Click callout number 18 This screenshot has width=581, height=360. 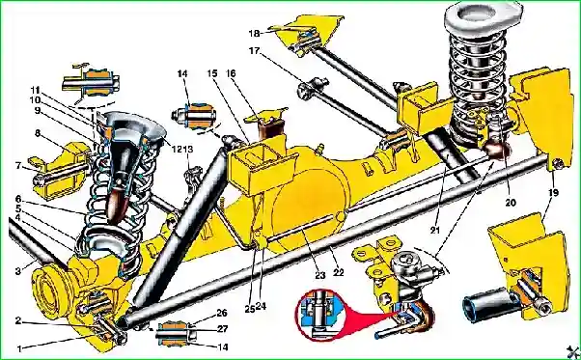click(254, 34)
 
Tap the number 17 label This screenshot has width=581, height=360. click(254, 51)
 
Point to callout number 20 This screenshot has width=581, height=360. click(511, 203)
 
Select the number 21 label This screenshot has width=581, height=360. click(434, 230)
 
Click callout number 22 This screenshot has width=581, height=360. click(339, 272)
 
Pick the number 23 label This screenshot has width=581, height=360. click(320, 275)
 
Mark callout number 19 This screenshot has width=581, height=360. click(553, 193)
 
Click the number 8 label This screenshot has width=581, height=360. click(38, 133)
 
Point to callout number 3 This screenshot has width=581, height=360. click(18, 271)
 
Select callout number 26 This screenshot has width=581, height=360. click(222, 313)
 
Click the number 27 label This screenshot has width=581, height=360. click(222, 328)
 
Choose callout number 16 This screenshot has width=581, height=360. click(231, 73)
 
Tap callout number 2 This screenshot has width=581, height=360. click(18, 320)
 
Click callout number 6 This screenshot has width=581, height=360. click(18, 199)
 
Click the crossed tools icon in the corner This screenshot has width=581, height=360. click(573, 352)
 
